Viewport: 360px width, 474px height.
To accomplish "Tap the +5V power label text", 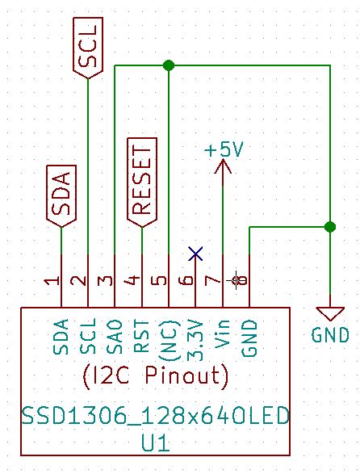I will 224,150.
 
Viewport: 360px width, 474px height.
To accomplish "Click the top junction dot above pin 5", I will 168,65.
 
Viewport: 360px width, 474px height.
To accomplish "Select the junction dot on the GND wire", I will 329,227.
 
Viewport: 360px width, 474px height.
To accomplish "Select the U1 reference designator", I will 155,443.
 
